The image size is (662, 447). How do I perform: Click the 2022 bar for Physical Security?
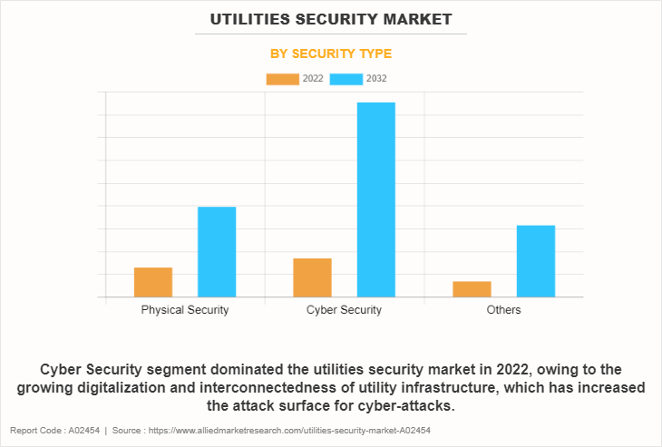pos(153,282)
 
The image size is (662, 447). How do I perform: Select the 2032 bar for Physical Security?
pos(217,251)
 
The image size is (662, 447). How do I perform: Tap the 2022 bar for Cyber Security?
pos(312,277)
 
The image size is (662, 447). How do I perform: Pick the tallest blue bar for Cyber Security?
pos(375,199)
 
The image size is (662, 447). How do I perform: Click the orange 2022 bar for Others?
pos(472,288)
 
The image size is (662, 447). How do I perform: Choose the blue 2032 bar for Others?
pos(535,260)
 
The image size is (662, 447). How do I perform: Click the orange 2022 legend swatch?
pos(282,79)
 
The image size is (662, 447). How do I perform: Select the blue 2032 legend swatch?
pos(346,79)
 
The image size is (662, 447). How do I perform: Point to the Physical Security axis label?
pos(185,310)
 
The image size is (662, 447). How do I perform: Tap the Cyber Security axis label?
pos(344,310)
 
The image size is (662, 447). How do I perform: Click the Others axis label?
pos(503,310)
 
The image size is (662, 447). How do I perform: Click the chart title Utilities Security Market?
pos(331,18)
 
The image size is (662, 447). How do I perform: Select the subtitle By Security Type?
pos(331,53)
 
